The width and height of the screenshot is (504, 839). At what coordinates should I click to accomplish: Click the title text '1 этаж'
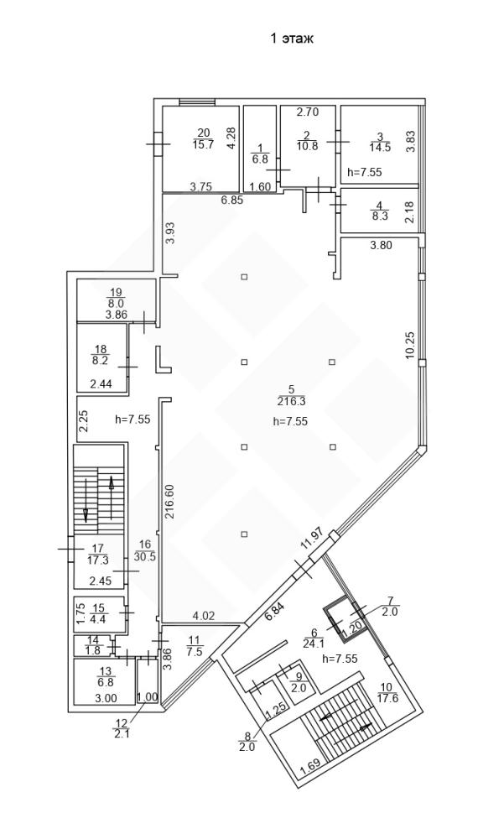coord(291,39)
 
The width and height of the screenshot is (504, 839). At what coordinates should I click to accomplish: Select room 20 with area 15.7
coord(203,138)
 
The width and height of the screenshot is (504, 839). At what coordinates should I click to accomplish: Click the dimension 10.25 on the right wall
coord(410,346)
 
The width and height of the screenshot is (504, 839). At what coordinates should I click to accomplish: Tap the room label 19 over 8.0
coord(116,297)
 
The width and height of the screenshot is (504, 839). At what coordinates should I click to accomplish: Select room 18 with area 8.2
coord(101,355)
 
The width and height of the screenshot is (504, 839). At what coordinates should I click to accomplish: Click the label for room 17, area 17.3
coord(98,554)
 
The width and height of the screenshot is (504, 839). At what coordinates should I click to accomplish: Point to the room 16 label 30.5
coord(144,550)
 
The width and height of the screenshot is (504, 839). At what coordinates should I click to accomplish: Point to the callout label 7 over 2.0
coord(390,607)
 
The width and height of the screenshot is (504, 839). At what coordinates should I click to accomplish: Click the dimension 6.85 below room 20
coord(233,201)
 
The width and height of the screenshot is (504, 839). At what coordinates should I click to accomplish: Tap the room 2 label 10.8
coord(307,140)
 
